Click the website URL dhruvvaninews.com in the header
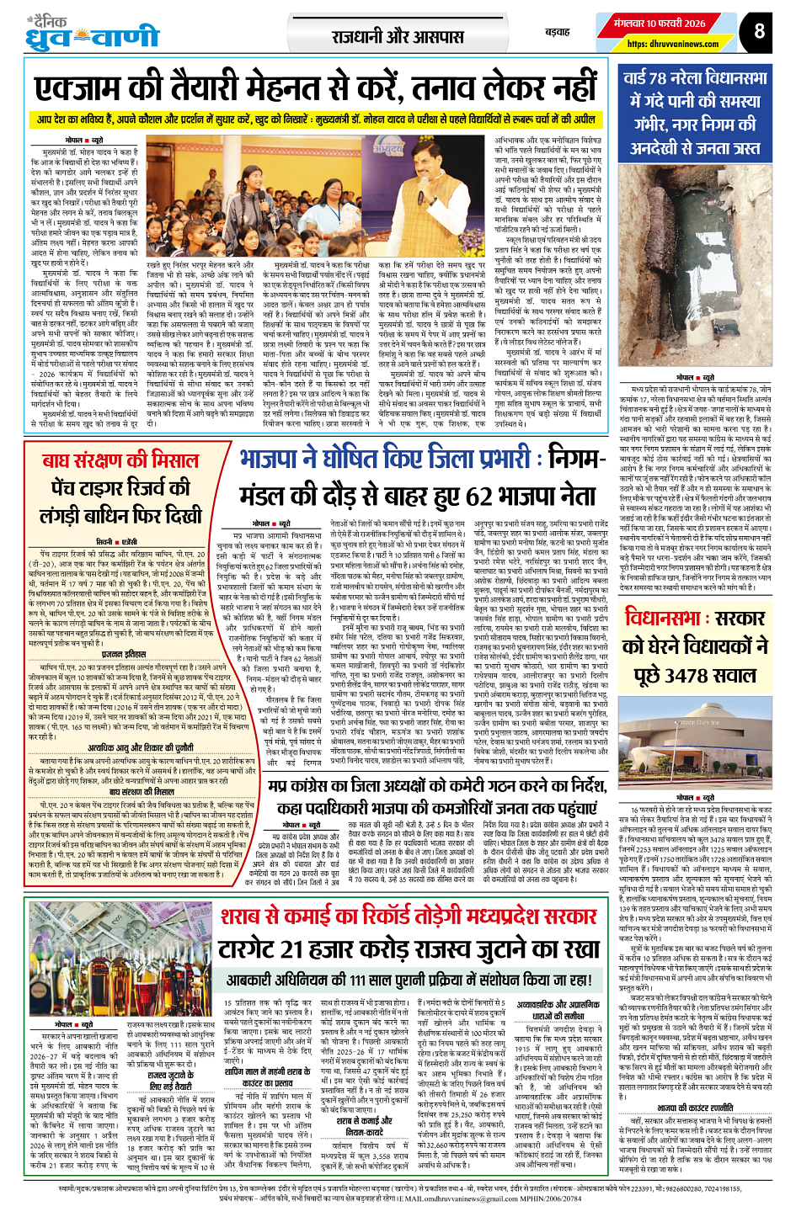(x=672, y=45)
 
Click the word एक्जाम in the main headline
(x=88, y=88)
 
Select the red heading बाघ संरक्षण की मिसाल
(x=120, y=460)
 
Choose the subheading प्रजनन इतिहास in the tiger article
(x=123, y=653)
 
